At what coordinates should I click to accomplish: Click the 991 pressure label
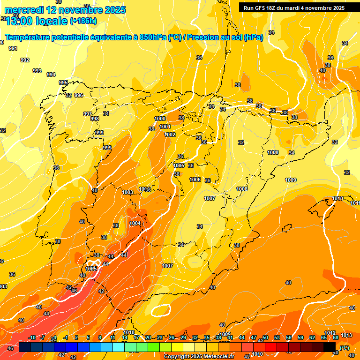coord(13,48)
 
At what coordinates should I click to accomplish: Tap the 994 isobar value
coord(51,75)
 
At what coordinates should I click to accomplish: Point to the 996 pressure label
coord(79,95)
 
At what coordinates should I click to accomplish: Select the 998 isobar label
coord(95,119)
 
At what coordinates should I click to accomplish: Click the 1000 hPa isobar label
coord(160,119)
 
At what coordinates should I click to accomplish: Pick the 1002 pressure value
coord(170,135)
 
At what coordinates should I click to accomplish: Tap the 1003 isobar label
coord(127,192)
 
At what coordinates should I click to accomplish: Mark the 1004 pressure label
coord(135,223)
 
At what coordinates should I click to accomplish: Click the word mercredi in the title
coord(23,10)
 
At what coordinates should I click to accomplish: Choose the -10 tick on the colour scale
coord(32,337)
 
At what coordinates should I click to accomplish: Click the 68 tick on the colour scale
coord(336,337)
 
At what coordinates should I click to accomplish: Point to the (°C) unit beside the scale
coord(345,347)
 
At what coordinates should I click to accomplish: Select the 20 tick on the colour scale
coord(148,337)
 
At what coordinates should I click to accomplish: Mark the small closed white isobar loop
coord(160,310)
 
